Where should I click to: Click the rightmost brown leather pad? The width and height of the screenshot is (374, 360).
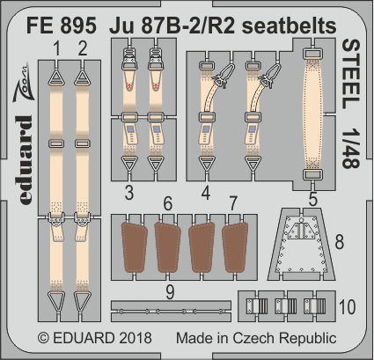[x=236, y=249]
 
